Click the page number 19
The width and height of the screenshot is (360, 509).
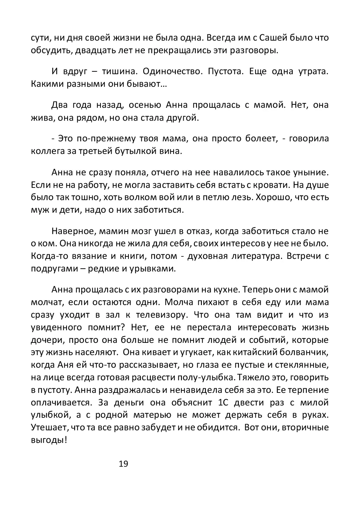(123, 464)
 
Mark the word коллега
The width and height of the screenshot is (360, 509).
(45, 151)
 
